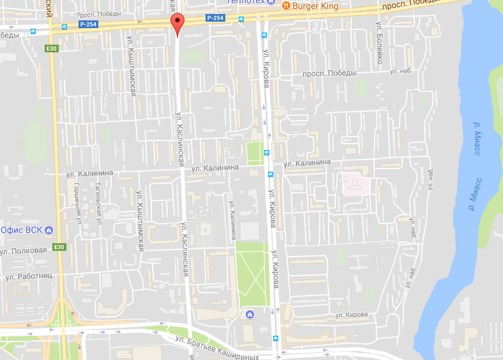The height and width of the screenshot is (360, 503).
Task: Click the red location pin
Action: pos(178,24)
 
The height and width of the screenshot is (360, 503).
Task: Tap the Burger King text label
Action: pos(314,6)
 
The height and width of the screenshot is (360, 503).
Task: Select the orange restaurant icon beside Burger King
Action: pos(286,6)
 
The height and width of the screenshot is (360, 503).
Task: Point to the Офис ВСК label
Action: pos(22,230)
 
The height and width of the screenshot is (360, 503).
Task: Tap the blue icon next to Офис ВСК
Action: pos(49,230)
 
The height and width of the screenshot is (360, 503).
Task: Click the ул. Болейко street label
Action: pos(379,45)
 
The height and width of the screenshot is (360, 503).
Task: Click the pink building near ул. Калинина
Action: pos(355,185)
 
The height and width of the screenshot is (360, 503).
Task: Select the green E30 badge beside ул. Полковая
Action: pos(59,247)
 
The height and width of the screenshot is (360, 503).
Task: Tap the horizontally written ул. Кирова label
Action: pos(352,315)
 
